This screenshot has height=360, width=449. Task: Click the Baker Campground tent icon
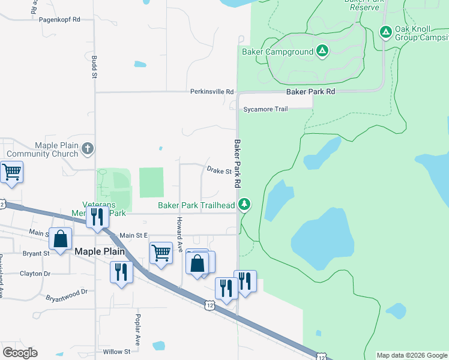[x=322, y=52]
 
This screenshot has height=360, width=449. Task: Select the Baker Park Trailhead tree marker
[x=244, y=205]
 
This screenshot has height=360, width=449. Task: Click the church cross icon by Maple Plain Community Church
[x=88, y=148]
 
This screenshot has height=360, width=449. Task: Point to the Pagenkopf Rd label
[x=59, y=20]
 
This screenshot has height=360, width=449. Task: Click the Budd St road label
[x=94, y=67]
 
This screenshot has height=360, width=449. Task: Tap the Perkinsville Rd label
[x=212, y=92]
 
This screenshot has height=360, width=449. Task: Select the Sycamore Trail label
[x=265, y=109]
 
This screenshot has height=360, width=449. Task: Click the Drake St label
[x=219, y=172]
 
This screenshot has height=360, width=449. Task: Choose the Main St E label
[x=133, y=236]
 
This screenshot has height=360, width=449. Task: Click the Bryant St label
[x=36, y=253]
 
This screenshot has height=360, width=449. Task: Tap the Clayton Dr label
[x=35, y=274]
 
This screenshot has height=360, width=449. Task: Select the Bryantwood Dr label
[x=67, y=295]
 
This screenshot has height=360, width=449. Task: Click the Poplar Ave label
[x=137, y=329]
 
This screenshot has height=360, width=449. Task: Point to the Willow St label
[x=116, y=352]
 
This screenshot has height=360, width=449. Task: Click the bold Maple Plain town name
[x=99, y=252]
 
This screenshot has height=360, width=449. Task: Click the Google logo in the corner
[x=20, y=353]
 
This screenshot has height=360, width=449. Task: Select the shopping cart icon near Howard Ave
[x=161, y=253]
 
